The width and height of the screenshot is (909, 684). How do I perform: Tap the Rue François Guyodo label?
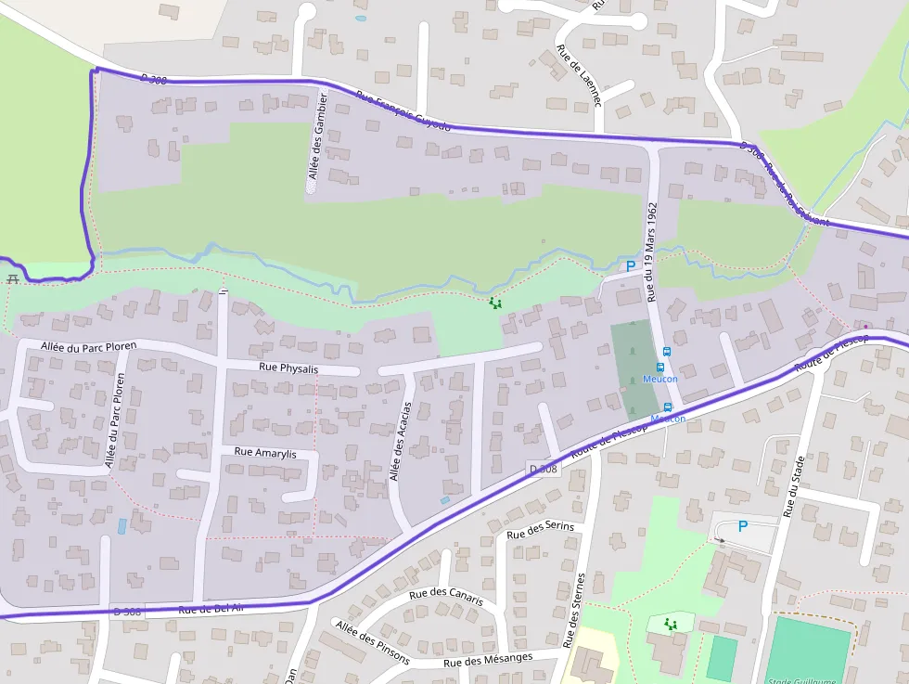click(403, 110)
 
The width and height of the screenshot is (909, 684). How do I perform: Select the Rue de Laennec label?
click(579, 75)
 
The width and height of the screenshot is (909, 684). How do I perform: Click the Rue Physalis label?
click(288, 368)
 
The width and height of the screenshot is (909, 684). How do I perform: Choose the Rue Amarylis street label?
click(265, 452)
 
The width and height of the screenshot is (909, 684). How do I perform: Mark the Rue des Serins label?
click(541, 528)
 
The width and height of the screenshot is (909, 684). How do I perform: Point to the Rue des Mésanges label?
click(488, 660)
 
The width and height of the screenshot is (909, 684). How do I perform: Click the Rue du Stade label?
click(790, 486)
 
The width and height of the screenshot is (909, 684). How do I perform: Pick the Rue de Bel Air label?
click(211, 609)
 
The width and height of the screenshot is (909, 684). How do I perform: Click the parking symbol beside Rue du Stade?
click(742, 526)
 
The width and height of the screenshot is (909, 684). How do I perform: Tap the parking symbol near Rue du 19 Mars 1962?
click(631, 266)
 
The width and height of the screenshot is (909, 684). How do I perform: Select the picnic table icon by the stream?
click(13, 278)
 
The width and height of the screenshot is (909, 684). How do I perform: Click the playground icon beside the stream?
click(496, 303)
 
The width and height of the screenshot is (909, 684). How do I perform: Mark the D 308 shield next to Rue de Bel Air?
click(127, 611)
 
